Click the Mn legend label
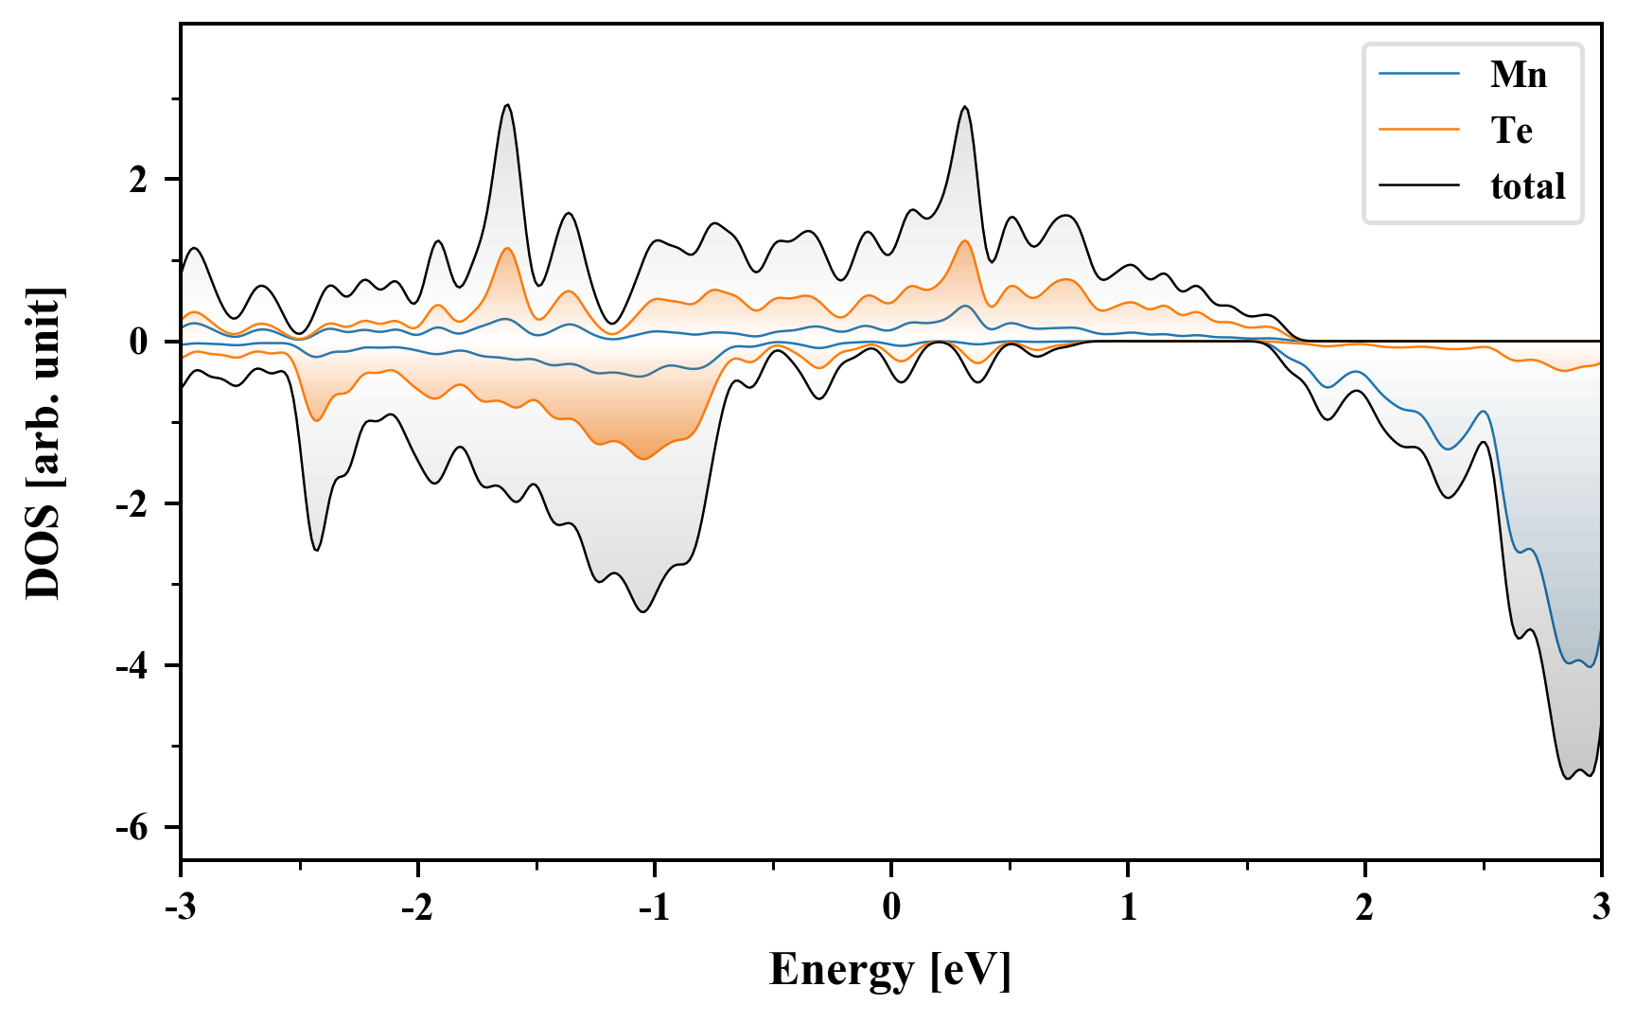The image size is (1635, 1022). [1518, 75]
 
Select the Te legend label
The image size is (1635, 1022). [1511, 131]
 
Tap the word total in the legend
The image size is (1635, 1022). [1527, 186]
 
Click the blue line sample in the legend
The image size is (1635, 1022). [1418, 75]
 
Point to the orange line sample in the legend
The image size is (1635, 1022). [1418, 131]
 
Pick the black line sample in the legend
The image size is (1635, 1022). [1418, 186]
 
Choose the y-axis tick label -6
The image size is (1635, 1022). [132, 828]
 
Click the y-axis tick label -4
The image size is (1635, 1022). [132, 666]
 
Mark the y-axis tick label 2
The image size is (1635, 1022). [139, 180]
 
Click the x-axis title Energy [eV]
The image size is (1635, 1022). [890, 970]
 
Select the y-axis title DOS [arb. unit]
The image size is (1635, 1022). [44, 443]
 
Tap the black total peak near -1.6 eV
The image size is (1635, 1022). [508, 105]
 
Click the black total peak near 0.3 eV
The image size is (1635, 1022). [964, 107]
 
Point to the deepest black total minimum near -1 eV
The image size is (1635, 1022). [643, 611]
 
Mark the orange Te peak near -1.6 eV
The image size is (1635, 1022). [507, 248]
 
